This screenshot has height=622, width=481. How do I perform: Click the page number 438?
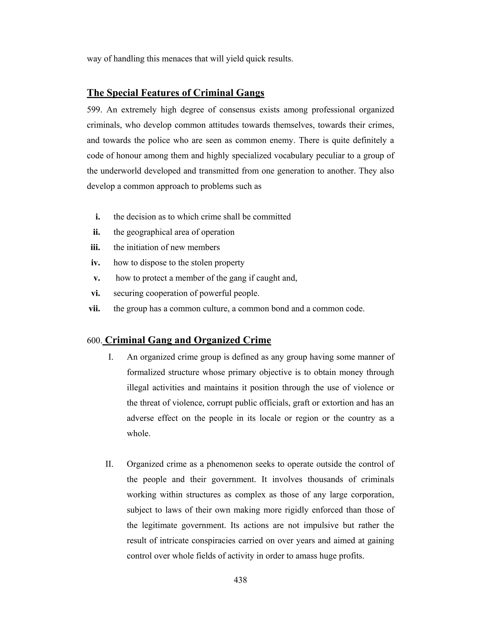[240, 580]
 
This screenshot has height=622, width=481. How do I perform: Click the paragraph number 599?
[94, 110]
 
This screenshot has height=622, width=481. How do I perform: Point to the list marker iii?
[95, 247]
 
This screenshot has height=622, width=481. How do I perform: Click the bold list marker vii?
[94, 308]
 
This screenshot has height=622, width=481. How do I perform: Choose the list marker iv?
[95, 263]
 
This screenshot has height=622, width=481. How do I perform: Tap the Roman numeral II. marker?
[109, 464]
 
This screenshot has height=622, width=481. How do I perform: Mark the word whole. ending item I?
[139, 434]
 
